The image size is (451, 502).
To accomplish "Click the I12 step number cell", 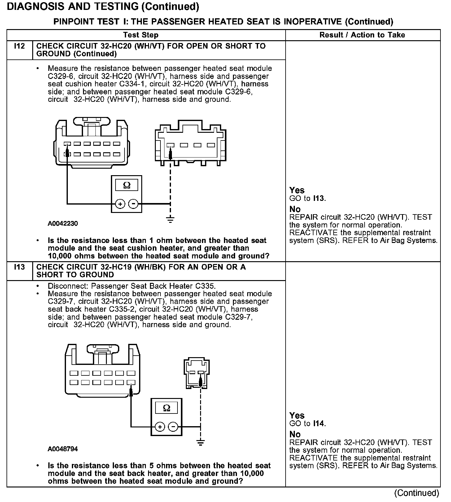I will click(19, 46).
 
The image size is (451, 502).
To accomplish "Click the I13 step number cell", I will click(19, 267).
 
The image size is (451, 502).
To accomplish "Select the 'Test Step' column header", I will click(141, 35).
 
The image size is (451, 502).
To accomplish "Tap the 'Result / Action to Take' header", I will click(362, 35).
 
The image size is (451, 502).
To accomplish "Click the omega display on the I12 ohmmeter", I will click(127, 185).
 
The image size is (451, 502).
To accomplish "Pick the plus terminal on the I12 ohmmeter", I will click(120, 204).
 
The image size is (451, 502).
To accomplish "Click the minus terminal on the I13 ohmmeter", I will click(173, 427).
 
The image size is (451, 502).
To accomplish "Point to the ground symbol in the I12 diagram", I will click(170, 220).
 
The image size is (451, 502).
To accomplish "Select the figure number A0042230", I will click(63, 223).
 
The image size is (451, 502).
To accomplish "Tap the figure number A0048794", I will click(63, 449).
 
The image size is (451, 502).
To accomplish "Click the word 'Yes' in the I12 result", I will click(297, 190).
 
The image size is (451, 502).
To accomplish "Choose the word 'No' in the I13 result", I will click(295, 434).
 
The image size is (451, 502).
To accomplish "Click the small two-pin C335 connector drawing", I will click(197, 373).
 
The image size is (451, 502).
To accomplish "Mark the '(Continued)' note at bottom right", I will click(417, 493).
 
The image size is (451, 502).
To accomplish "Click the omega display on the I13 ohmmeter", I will click(166, 408).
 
